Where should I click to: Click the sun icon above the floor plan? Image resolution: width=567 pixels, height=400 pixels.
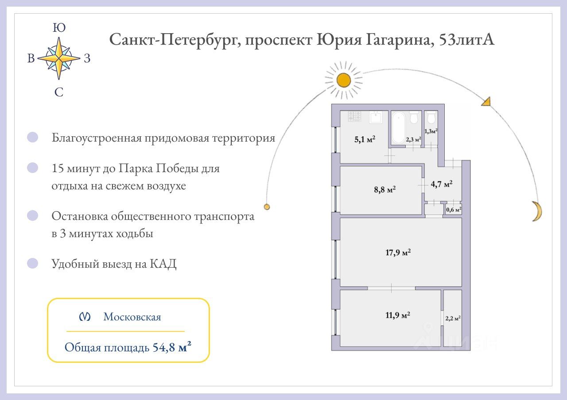point(343,81)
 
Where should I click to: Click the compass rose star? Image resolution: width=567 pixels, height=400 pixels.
point(59,58)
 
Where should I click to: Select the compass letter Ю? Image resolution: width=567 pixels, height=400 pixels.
point(59,27)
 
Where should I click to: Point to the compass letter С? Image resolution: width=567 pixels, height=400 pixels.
point(59,92)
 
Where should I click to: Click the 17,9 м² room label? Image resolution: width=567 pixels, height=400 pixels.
point(398,252)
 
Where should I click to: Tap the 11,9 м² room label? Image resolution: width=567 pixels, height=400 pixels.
point(398,315)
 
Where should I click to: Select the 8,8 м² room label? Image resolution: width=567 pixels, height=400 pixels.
point(385,189)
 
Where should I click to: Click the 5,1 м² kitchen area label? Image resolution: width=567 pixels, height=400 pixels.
point(365,139)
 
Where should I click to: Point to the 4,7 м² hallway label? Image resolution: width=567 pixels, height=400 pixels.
point(442,184)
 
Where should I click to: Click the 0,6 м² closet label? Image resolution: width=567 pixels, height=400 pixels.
point(454,210)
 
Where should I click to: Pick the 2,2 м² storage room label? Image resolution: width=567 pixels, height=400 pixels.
point(453,318)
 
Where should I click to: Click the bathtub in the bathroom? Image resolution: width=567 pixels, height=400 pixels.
point(398,128)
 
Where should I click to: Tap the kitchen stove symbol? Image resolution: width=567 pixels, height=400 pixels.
point(354,116)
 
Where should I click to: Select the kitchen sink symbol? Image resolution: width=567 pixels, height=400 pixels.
point(376,117)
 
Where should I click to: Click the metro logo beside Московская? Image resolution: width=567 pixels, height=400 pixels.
point(85,316)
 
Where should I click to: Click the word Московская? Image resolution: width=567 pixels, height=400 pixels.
point(132,317)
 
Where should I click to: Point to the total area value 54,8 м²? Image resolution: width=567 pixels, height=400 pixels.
point(172,347)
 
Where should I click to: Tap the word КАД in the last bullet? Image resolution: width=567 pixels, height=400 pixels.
point(163,264)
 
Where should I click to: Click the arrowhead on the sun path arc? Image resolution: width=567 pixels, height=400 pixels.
point(487,102)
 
